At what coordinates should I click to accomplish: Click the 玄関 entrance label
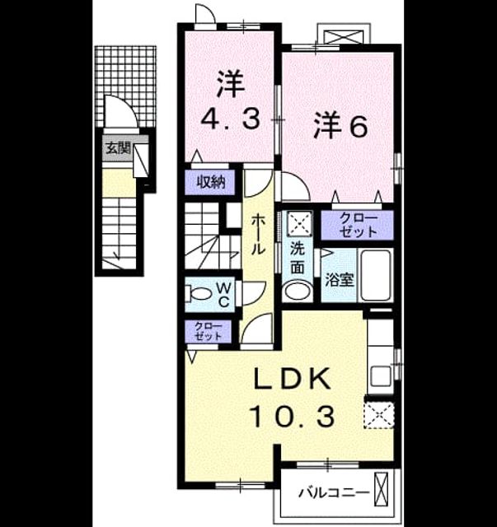(118, 148)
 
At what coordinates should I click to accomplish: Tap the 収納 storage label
(211, 182)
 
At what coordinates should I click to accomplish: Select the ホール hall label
(259, 234)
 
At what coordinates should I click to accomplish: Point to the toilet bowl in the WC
(198, 294)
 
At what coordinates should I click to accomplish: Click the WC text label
(223, 295)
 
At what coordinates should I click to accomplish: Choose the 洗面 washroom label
(298, 258)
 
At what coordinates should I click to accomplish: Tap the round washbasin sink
(298, 291)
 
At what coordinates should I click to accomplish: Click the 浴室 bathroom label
(340, 280)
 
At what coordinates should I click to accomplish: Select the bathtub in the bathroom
(376, 275)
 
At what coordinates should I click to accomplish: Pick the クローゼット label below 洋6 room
(358, 225)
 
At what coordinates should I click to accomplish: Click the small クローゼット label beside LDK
(209, 331)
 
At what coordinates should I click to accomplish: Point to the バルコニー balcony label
(334, 493)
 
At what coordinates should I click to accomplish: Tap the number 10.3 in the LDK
(292, 417)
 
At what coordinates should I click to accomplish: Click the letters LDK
(292, 379)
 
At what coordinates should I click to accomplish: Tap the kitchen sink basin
(381, 376)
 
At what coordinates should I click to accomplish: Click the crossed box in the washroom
(299, 223)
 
